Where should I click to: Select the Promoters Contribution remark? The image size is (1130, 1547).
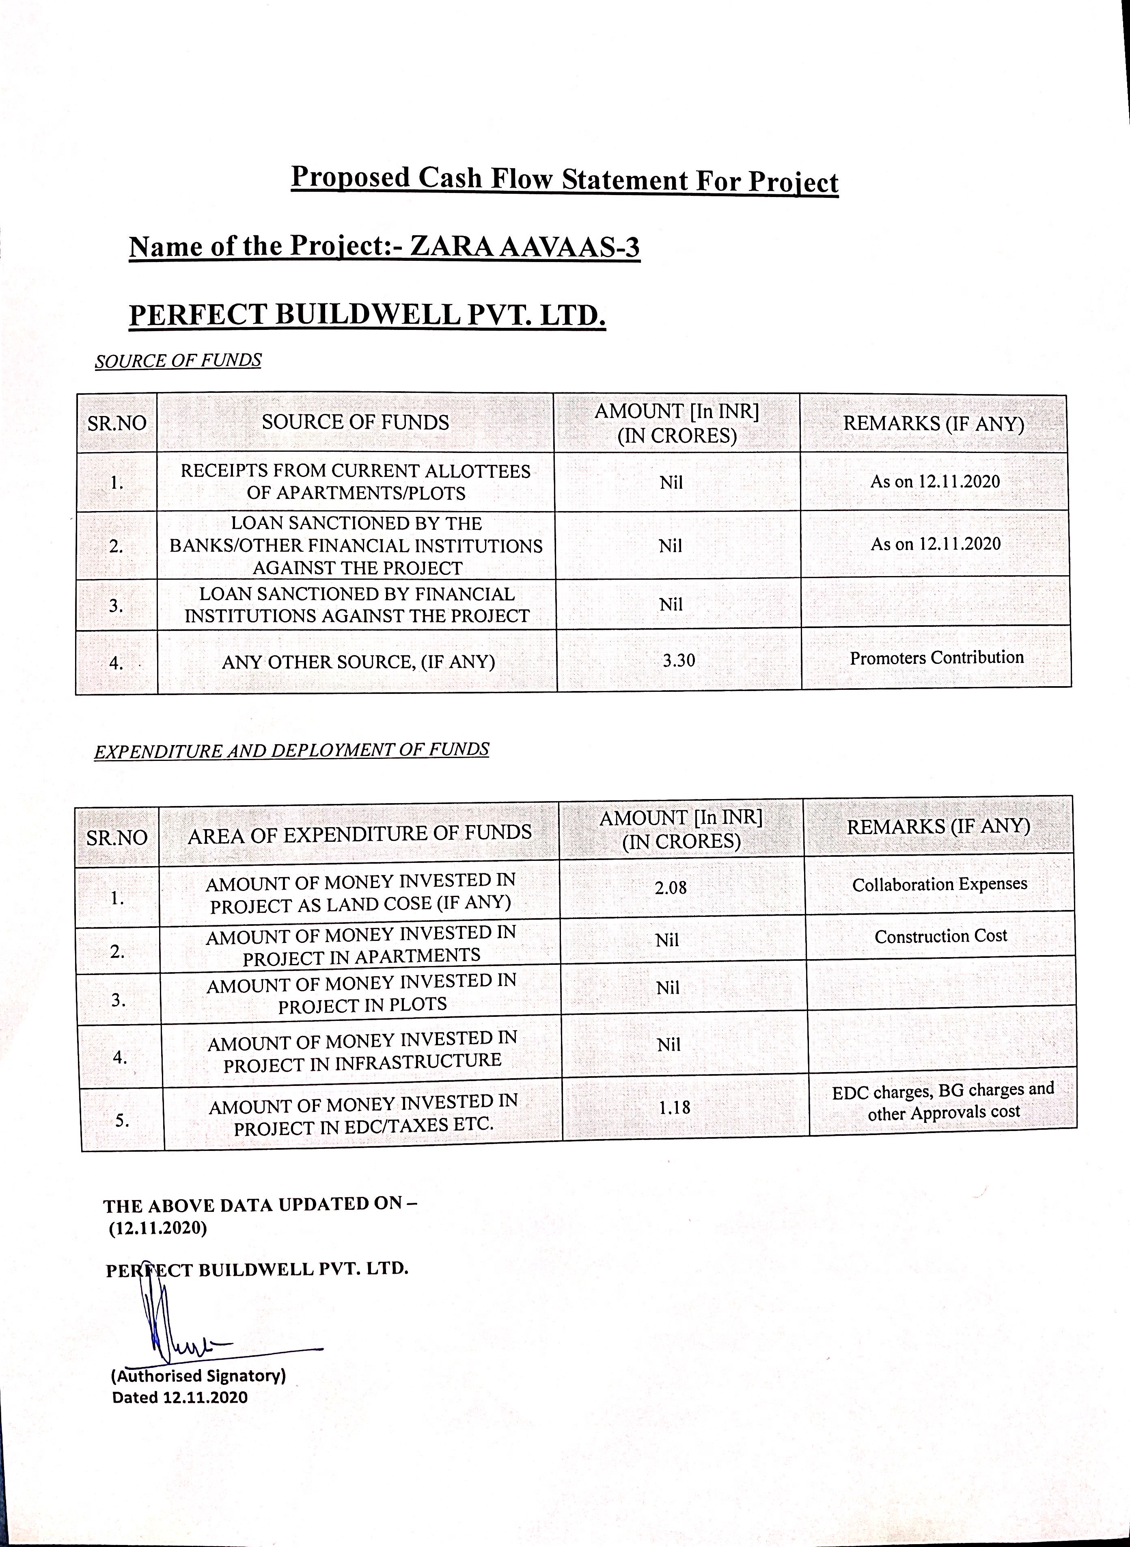click(x=936, y=658)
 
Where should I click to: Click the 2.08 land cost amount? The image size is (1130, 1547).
click(x=671, y=888)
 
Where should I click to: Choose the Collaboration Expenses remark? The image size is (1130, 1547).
click(x=939, y=884)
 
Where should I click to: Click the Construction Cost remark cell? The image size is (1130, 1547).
click(x=940, y=936)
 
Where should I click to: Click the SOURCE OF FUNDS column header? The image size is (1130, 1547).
click(x=355, y=422)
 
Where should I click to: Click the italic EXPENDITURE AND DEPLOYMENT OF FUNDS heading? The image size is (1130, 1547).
click(x=291, y=750)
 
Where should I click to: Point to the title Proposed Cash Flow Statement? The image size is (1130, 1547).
click(x=564, y=179)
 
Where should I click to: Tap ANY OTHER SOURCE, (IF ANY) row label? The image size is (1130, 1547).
click(x=358, y=662)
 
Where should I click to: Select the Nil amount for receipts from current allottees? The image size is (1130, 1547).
click(x=671, y=483)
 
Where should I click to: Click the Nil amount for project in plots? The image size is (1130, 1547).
click(x=668, y=988)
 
